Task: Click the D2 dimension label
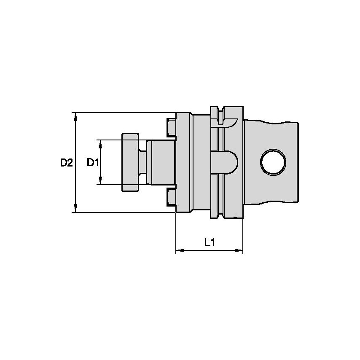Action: click(x=66, y=162)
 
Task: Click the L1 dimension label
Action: click(x=210, y=242)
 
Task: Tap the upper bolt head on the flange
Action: click(x=171, y=128)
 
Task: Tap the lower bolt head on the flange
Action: click(x=171, y=197)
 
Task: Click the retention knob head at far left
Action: click(x=130, y=162)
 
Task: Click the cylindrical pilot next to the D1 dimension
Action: click(x=162, y=162)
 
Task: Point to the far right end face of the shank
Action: click(x=298, y=162)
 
